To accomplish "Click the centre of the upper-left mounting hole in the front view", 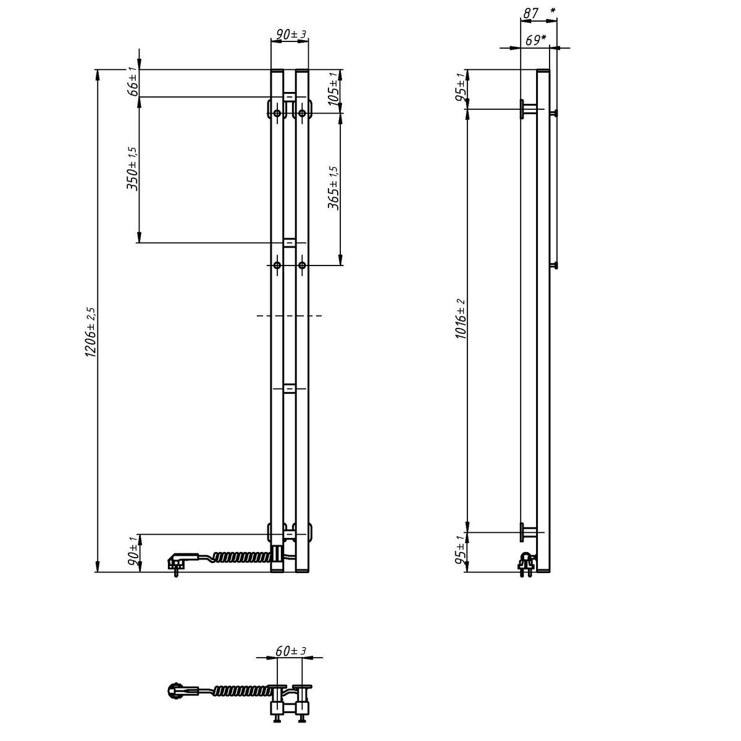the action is tap(277, 113).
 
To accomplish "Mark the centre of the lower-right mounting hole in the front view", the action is tap(302, 265).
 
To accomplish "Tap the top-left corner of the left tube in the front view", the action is tap(271, 70).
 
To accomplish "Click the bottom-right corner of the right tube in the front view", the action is tap(308, 572).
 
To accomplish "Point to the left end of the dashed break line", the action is tap(257, 316).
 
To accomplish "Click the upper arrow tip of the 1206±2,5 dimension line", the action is tap(98, 70).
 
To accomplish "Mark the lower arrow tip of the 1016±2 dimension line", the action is tap(467, 532).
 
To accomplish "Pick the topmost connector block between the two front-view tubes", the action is tap(289, 96).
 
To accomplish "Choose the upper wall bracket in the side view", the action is tap(529, 109).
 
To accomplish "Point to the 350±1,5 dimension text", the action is tap(131, 169).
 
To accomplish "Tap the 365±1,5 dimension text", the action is tap(333, 188).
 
